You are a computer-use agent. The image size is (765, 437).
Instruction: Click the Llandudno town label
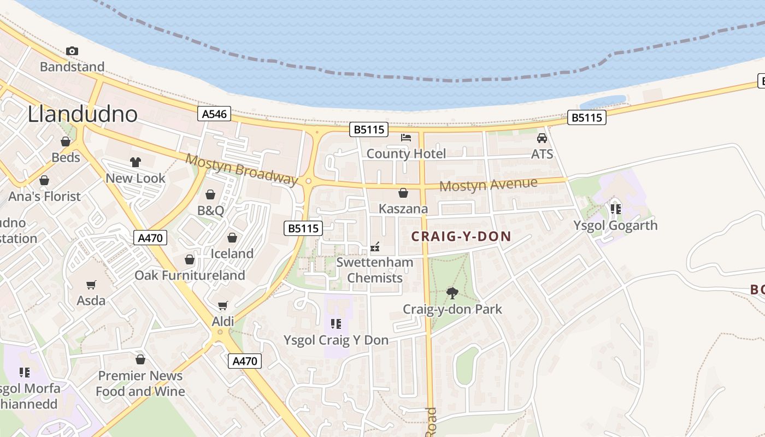(x=83, y=114)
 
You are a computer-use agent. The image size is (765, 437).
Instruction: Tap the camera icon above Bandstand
(x=72, y=51)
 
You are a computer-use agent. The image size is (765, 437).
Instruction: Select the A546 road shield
(x=214, y=114)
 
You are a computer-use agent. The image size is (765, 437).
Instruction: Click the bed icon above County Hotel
(x=406, y=137)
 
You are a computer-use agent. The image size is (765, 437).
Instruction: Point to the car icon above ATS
(x=542, y=138)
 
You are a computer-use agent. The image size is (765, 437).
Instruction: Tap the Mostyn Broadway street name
(x=242, y=169)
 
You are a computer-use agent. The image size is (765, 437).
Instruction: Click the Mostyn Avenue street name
(x=488, y=185)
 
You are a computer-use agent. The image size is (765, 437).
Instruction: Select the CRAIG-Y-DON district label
(x=461, y=237)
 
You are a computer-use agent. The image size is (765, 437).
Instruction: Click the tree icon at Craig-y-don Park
(x=452, y=293)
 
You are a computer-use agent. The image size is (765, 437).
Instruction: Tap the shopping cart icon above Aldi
(x=222, y=305)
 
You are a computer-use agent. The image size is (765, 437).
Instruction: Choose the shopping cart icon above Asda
(x=91, y=285)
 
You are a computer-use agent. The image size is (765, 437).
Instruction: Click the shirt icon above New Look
(x=136, y=162)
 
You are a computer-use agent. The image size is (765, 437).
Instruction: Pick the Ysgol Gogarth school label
(x=615, y=225)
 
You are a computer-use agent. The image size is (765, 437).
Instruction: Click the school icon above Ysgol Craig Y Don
(x=336, y=324)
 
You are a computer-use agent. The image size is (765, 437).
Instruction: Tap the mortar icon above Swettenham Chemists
(x=375, y=247)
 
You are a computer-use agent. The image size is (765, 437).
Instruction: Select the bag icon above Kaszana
(x=403, y=193)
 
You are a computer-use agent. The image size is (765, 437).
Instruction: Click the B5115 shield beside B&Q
(x=303, y=228)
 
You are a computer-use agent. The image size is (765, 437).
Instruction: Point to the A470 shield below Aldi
(x=244, y=361)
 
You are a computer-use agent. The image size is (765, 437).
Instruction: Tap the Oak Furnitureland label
(x=190, y=275)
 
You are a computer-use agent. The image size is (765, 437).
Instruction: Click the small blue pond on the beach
(x=603, y=102)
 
